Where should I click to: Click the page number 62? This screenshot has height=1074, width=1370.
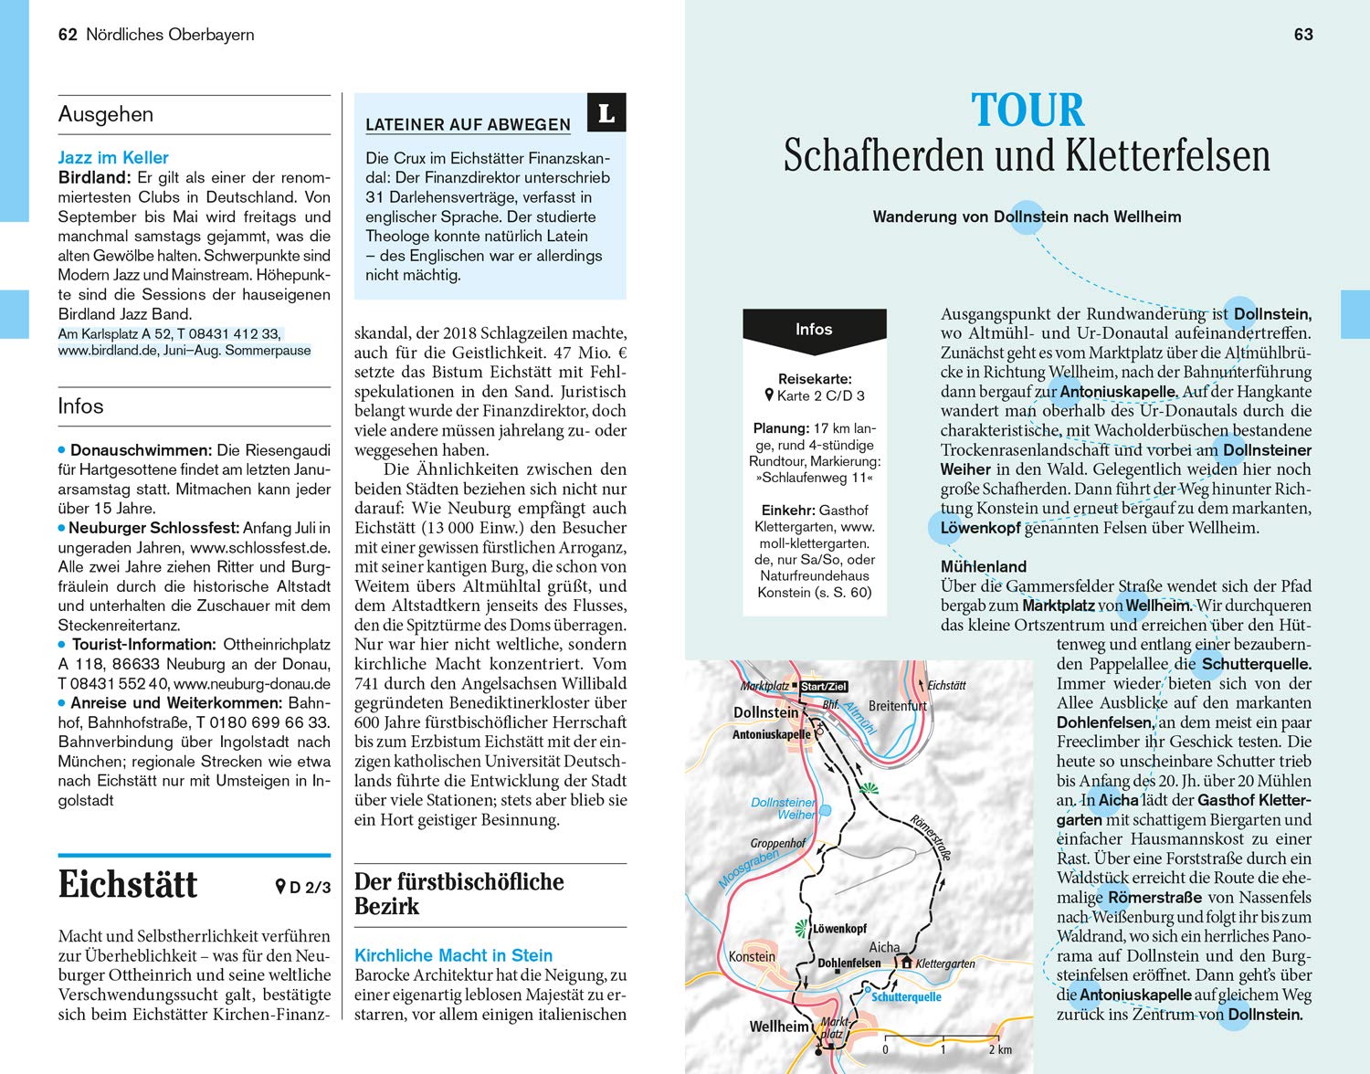click(x=67, y=35)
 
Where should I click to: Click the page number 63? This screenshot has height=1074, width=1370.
click(x=1303, y=35)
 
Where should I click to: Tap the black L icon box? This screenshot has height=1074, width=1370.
click(x=606, y=114)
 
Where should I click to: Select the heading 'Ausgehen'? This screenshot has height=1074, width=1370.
click(x=105, y=114)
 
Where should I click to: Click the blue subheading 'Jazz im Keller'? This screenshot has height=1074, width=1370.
click(x=113, y=157)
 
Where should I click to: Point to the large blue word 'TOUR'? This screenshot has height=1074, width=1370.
click(x=1027, y=111)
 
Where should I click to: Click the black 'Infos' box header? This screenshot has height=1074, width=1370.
click(x=814, y=330)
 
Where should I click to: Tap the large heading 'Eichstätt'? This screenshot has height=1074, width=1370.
click(x=128, y=884)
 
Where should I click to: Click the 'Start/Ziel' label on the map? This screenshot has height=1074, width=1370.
click(x=824, y=687)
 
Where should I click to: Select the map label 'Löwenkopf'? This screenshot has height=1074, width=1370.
click(x=839, y=929)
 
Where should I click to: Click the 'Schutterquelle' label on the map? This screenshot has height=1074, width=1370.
click(x=906, y=996)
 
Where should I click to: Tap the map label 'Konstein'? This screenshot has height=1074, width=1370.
click(x=752, y=956)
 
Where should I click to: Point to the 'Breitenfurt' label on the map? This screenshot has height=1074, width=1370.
click(x=897, y=706)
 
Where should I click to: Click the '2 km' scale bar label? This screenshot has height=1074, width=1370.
click(x=1000, y=1049)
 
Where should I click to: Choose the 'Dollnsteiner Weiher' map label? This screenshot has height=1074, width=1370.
click(x=784, y=808)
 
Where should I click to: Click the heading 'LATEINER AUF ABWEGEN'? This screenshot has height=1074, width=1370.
click(x=468, y=125)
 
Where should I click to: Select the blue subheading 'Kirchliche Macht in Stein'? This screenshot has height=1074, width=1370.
click(x=453, y=955)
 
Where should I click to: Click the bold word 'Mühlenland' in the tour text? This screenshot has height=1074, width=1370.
click(x=984, y=566)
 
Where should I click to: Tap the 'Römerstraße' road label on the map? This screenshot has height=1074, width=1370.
click(x=932, y=837)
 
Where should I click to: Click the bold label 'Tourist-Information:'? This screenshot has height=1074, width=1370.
click(x=143, y=645)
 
